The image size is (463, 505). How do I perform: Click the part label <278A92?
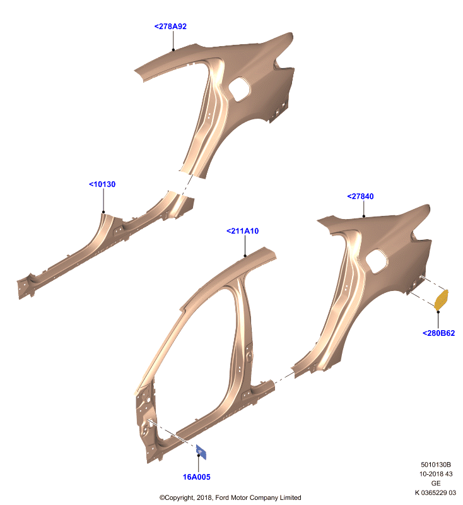tap(170, 27)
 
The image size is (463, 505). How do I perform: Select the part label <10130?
tap(102, 184)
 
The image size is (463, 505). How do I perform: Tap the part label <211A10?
tap(242, 231)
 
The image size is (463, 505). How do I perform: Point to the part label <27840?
tap(360, 196)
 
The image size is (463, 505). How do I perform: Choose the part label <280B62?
tap(438, 333)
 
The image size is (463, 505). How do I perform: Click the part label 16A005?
tap(197, 477)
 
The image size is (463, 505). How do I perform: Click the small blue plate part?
tap(201, 452)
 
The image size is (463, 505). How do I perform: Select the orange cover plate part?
tap(441, 300)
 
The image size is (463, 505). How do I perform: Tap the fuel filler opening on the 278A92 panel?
tap(239, 89)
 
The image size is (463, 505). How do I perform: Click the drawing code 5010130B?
tap(436, 465)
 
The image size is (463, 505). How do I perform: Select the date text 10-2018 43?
tap(436, 474)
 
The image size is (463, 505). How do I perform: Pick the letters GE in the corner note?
tap(436, 483)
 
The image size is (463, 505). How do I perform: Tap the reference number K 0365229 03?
tap(435, 492)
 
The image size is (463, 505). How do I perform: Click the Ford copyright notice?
tap(230, 497)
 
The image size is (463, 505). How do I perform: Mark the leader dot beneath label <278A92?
tap(173, 50)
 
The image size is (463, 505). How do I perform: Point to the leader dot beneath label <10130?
tap(103, 212)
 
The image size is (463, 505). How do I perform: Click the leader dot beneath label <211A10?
tap(245, 256)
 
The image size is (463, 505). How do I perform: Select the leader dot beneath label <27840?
tap(364, 217)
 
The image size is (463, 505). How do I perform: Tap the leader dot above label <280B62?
tap(438, 312)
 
